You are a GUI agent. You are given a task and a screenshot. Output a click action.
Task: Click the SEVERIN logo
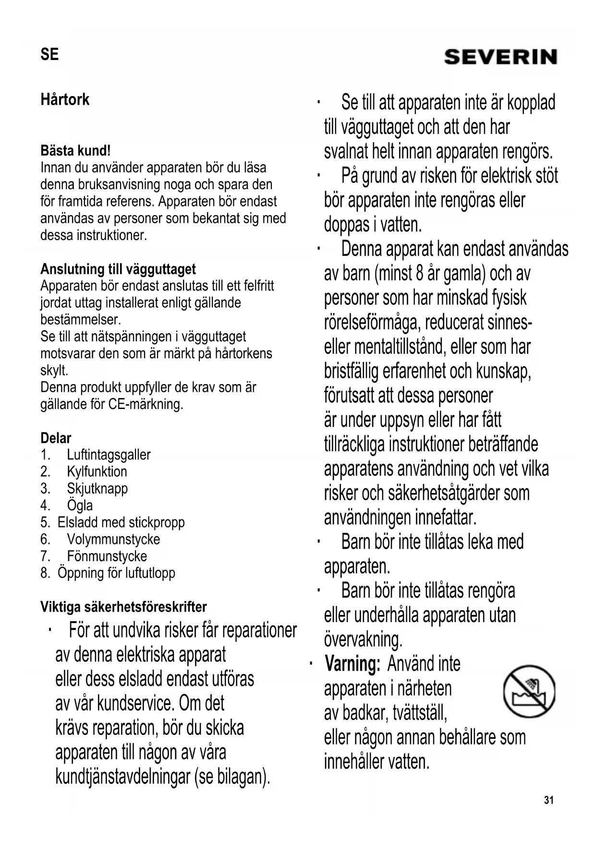[500, 57]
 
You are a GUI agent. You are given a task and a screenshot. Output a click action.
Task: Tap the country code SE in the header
[49, 54]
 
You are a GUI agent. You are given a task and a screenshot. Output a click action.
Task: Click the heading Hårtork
[65, 100]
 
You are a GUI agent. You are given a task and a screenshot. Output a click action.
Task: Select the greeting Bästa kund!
[75, 151]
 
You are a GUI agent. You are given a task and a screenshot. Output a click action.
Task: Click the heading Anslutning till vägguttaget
[118, 269]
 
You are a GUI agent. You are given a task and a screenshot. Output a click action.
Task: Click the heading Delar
[56, 438]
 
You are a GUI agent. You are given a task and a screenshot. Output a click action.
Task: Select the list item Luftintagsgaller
[109, 455]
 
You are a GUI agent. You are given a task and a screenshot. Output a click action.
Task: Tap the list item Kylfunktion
[97, 471]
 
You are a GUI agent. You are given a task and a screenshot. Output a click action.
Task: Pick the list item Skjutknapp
[97, 488]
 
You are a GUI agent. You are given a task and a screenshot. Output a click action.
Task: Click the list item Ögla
[80, 505]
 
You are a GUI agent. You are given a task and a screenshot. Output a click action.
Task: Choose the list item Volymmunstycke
[113, 539]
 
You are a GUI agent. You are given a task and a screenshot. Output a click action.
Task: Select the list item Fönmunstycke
[107, 556]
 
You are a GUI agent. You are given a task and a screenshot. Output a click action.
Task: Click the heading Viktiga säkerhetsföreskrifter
[123, 607]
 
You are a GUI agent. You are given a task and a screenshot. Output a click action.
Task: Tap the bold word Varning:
[353, 664]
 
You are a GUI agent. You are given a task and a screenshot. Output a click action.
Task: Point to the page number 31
[549, 800]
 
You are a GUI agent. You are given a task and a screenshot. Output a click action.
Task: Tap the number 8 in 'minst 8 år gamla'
[420, 274]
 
